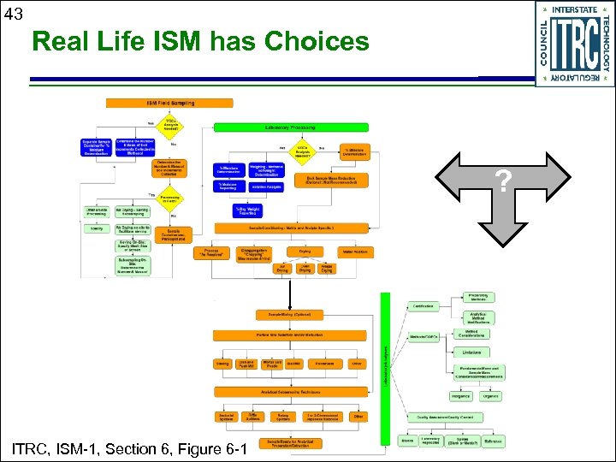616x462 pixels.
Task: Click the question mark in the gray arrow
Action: (x=504, y=182)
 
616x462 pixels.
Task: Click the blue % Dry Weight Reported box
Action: (x=247, y=210)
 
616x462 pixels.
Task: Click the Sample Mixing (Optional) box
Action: (x=289, y=316)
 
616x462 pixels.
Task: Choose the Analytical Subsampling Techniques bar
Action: (x=289, y=391)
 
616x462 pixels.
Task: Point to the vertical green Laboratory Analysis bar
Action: (x=385, y=368)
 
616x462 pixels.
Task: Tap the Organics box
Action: (x=491, y=396)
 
